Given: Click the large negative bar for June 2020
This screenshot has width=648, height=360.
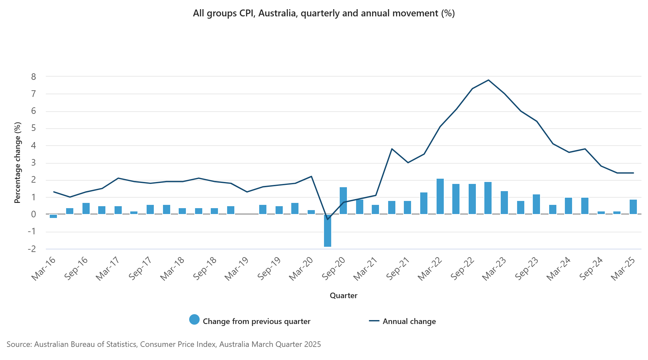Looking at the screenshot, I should [327, 231].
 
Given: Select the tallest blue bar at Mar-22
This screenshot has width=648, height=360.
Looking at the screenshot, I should [440, 196].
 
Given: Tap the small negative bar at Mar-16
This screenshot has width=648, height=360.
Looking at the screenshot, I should [53, 216].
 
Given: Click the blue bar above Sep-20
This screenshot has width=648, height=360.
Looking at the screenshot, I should [343, 201].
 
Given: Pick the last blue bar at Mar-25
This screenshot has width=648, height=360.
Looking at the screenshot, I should [633, 207].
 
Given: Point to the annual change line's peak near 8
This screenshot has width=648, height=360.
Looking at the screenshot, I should [488, 80].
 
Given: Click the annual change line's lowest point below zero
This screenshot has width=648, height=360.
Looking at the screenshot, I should [327, 219].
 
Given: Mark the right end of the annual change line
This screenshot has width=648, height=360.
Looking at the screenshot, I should [633, 173].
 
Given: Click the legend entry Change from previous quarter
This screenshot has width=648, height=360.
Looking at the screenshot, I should [256, 321].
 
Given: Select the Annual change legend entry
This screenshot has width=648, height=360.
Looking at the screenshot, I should [409, 321].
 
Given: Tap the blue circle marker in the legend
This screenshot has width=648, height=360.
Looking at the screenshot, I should [194, 320].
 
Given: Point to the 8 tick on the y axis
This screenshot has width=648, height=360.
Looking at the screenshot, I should [33, 77].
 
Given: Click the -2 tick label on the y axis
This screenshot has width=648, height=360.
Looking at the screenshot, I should [32, 249].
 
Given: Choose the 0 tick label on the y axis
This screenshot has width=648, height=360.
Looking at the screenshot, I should [33, 214].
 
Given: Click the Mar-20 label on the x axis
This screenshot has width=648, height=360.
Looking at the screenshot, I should [300, 269].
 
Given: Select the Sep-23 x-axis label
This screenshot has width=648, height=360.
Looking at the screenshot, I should [526, 269].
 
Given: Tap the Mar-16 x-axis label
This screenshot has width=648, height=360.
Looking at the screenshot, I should [43, 269].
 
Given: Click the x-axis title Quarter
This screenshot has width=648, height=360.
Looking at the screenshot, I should [343, 296].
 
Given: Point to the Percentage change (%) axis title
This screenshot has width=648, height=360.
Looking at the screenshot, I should [17, 163].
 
